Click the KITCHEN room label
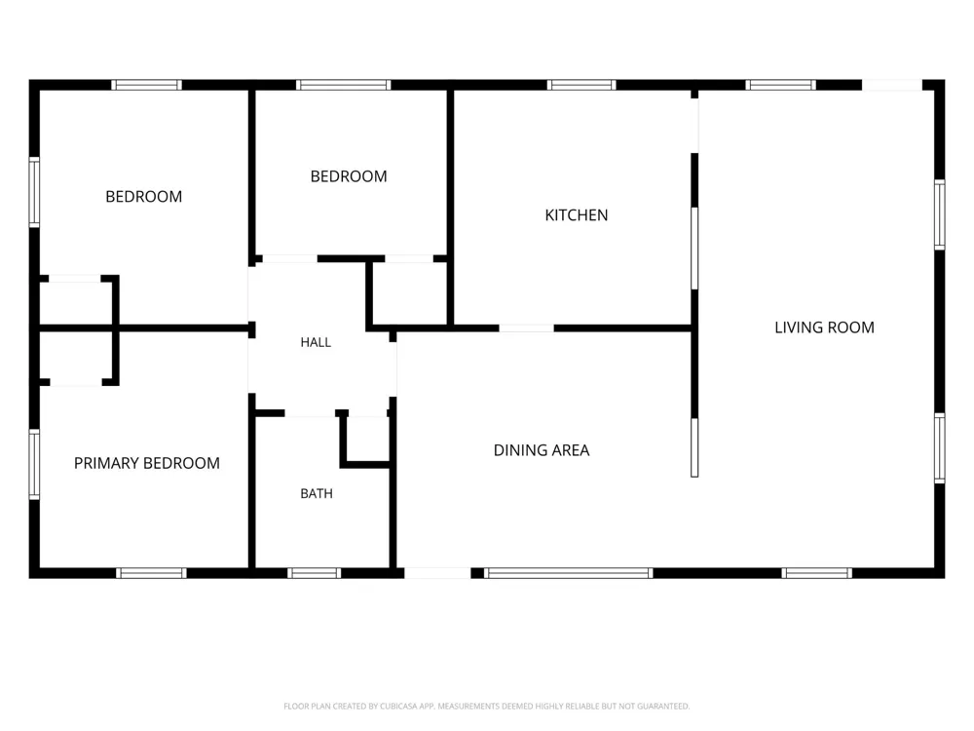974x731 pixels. click(577, 215)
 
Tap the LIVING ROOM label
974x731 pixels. click(824, 327)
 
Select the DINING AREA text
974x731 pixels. click(541, 450)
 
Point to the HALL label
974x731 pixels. click(316, 342)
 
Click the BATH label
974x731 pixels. click(317, 493)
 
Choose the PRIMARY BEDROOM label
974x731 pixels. click(147, 463)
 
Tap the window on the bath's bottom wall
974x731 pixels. click(314, 573)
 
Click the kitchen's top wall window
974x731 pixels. click(581, 85)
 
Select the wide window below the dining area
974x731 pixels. click(569, 573)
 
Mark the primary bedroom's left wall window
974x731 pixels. click(35, 464)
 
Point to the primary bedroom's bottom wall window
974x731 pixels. click(151, 573)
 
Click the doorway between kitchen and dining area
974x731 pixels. click(526, 327)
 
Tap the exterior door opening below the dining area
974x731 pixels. click(437, 573)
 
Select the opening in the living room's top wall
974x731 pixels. click(892, 85)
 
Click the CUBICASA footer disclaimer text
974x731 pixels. click(486, 706)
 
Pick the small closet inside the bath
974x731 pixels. click(367, 439)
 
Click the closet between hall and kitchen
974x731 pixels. click(409, 292)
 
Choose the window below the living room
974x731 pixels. click(816, 573)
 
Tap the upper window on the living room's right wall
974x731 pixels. click(940, 214)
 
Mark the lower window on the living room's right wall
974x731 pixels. click(940, 448)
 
